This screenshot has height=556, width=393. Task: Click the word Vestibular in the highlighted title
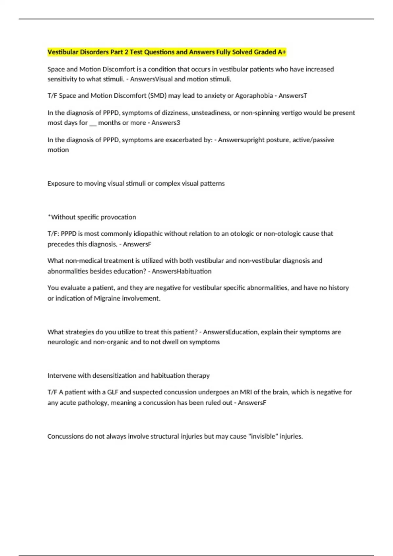coord(63,52)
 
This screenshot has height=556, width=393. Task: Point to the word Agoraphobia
coord(254,96)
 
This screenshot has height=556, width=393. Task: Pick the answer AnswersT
coord(293,96)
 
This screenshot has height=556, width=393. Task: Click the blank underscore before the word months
coord(93,123)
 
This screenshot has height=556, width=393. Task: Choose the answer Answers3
coord(166,123)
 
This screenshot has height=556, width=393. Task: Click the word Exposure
coord(61,183)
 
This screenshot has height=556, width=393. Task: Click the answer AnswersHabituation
coord(181,271)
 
